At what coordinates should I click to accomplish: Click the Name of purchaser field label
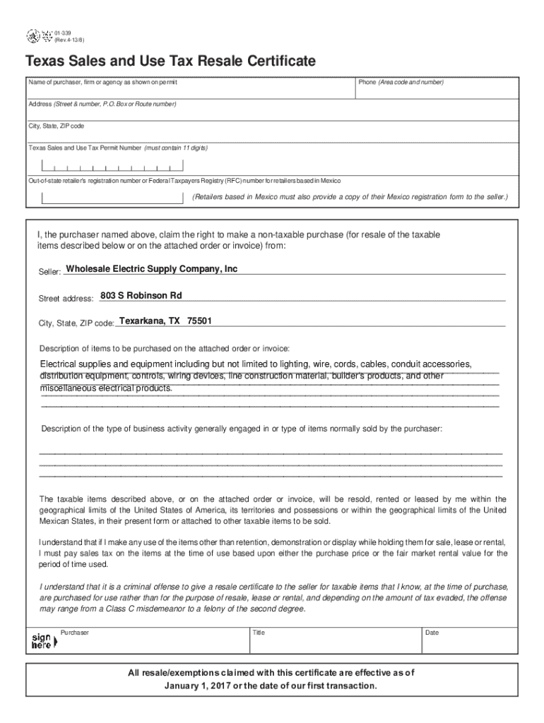pyautogui.click(x=102, y=83)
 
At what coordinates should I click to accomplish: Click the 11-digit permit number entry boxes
pyautogui.click(x=112, y=167)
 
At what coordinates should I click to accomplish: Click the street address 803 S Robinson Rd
pyautogui.click(x=141, y=295)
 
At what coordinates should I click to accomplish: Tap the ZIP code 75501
pyautogui.click(x=199, y=321)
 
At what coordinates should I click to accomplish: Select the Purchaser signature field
pyautogui.click(x=152, y=641)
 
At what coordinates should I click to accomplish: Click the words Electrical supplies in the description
pyautogui.click(x=79, y=364)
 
